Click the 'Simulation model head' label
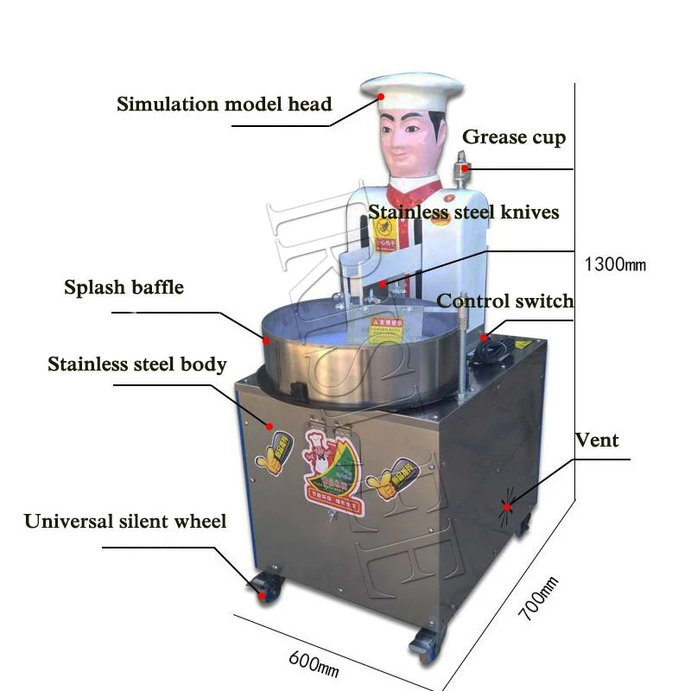coord(225,105)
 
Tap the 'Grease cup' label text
coord(514,137)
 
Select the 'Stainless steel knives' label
coord(464,212)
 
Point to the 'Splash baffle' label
coord(124,288)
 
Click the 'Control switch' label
coord(504,301)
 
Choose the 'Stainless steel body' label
coord(137,365)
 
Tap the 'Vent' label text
coord(597,440)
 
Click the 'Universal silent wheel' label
coord(125,522)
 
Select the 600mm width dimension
coord(313,661)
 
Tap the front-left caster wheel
coord(264,586)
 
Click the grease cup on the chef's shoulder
coord(463,164)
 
